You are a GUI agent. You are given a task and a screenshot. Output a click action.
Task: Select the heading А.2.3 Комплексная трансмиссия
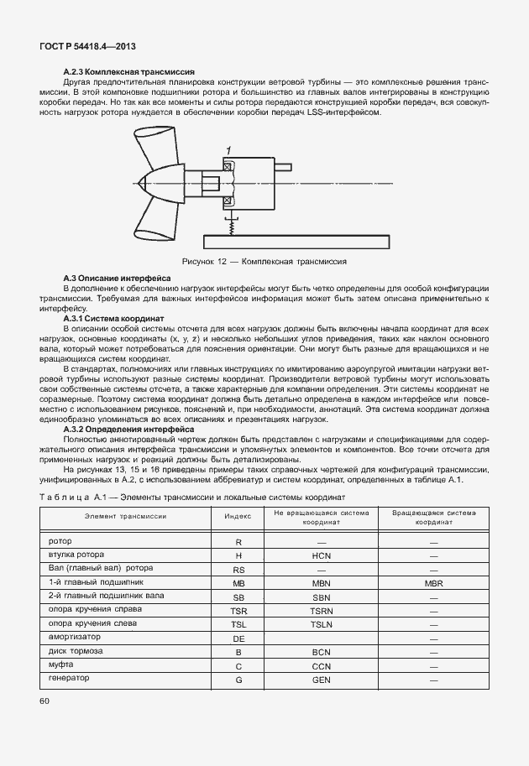coord(129,73)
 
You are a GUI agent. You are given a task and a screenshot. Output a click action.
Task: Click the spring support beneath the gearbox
coord(228,224)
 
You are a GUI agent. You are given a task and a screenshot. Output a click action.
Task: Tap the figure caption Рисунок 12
coord(264,262)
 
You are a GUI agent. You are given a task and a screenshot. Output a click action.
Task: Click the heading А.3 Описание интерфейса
coord(118,278)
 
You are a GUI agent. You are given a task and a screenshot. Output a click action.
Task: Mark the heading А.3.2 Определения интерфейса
coord(128,429)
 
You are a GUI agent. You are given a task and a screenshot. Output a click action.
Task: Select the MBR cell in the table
coord(433,582)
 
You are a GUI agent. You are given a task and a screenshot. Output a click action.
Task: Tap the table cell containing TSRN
coord(322,611)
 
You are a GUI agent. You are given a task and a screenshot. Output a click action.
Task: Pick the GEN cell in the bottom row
coord(322,680)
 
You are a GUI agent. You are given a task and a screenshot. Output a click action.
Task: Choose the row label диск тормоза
coord(76,651)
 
